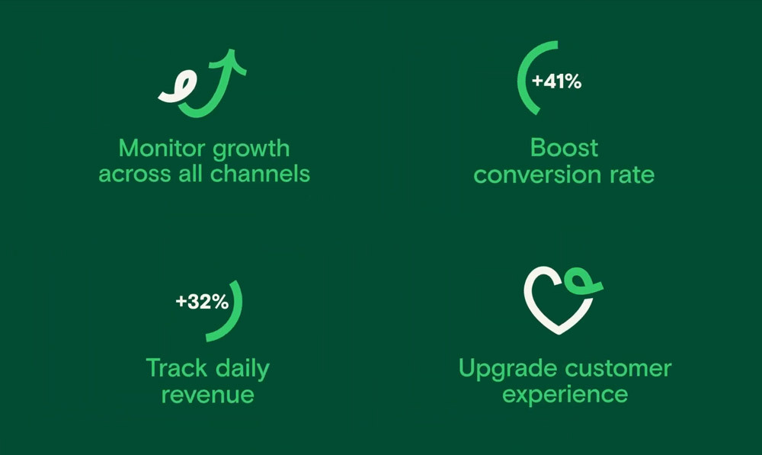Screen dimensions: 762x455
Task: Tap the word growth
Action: tap(251, 149)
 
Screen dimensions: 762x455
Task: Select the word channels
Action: tap(260, 173)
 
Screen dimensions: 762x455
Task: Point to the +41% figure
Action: tap(557, 82)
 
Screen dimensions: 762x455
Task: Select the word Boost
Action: tap(564, 148)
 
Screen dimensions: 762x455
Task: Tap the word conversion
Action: tap(537, 175)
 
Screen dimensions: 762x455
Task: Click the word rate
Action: tap(632, 175)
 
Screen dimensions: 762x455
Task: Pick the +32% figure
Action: tap(202, 301)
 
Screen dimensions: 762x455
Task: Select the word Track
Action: tap(177, 368)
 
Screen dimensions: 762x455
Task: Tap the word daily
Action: tap(242, 370)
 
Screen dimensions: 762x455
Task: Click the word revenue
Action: tap(207, 394)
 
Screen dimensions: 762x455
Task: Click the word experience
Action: tap(565, 396)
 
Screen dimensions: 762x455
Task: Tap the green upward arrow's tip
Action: tap(232, 50)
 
